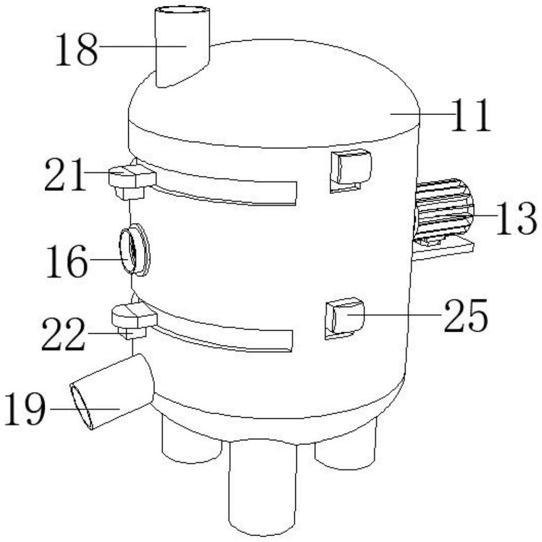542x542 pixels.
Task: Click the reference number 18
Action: pyautogui.click(x=77, y=50)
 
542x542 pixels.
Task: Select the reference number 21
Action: pyautogui.click(x=65, y=174)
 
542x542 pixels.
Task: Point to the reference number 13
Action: pyautogui.click(x=516, y=219)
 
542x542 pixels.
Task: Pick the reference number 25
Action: pyautogui.click(x=466, y=315)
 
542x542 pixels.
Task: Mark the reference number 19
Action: pyautogui.click(x=25, y=409)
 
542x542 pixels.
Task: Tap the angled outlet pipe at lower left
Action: pyautogui.click(x=112, y=392)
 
